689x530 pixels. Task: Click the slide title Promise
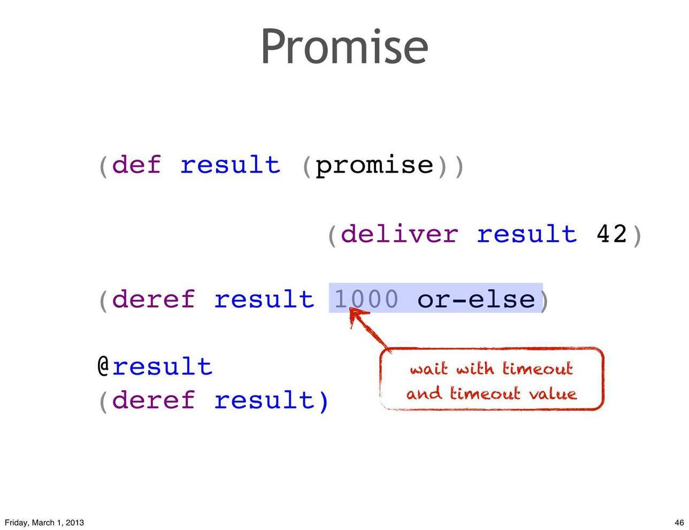tap(344, 47)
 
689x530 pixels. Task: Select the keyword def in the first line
tap(136, 164)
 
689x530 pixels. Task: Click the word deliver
tap(400, 233)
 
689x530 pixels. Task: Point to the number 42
tap(611, 234)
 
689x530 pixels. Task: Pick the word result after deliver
tap(527, 233)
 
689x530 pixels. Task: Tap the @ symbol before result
tap(103, 366)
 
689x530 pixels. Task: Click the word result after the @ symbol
tap(162, 366)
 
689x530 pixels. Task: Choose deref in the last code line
tap(154, 400)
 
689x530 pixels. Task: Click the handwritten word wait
tap(428, 369)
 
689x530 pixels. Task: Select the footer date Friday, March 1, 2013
tap(44, 523)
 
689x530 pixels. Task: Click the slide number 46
tap(679, 523)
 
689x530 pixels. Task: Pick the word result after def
tap(231, 164)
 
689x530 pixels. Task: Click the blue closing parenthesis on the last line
tap(323, 401)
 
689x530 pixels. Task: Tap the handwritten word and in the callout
tap(423, 394)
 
